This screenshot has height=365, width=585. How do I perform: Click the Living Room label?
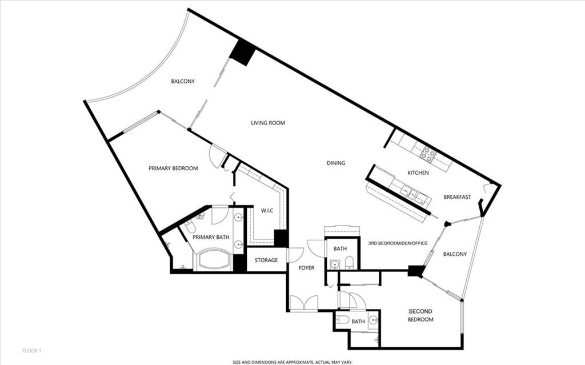pyautogui.click(x=268, y=123)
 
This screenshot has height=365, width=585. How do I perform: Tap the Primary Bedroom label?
pyautogui.click(x=173, y=169)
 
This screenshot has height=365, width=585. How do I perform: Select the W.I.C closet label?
pyautogui.click(x=267, y=211)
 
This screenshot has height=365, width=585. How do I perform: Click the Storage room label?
pyautogui.click(x=266, y=260)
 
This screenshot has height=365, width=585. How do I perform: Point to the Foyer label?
pyautogui.click(x=306, y=267)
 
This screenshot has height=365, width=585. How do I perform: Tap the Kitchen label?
pyautogui.click(x=418, y=173)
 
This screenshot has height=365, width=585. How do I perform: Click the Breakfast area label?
pyautogui.click(x=457, y=196)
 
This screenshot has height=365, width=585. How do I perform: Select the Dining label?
pyautogui.click(x=336, y=163)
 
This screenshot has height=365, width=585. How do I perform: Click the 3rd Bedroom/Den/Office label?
pyautogui.click(x=398, y=243)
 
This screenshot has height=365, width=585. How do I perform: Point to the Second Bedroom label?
pyautogui.click(x=420, y=315)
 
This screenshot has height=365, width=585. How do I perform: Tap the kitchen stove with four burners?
pyautogui.click(x=428, y=155)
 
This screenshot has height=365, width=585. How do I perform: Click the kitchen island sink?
pyautogui.click(x=410, y=192)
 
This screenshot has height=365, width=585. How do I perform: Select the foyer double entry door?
pyautogui.click(x=304, y=303)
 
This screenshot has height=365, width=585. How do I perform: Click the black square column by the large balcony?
pyautogui.click(x=242, y=52)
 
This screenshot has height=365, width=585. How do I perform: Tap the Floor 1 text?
pyautogui.click(x=32, y=351)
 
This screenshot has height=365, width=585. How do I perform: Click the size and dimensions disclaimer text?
pyautogui.click(x=292, y=362)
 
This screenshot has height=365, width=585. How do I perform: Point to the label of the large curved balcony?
pyautogui.click(x=183, y=81)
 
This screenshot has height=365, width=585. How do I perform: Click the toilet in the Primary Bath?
pyautogui.click(x=188, y=227)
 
